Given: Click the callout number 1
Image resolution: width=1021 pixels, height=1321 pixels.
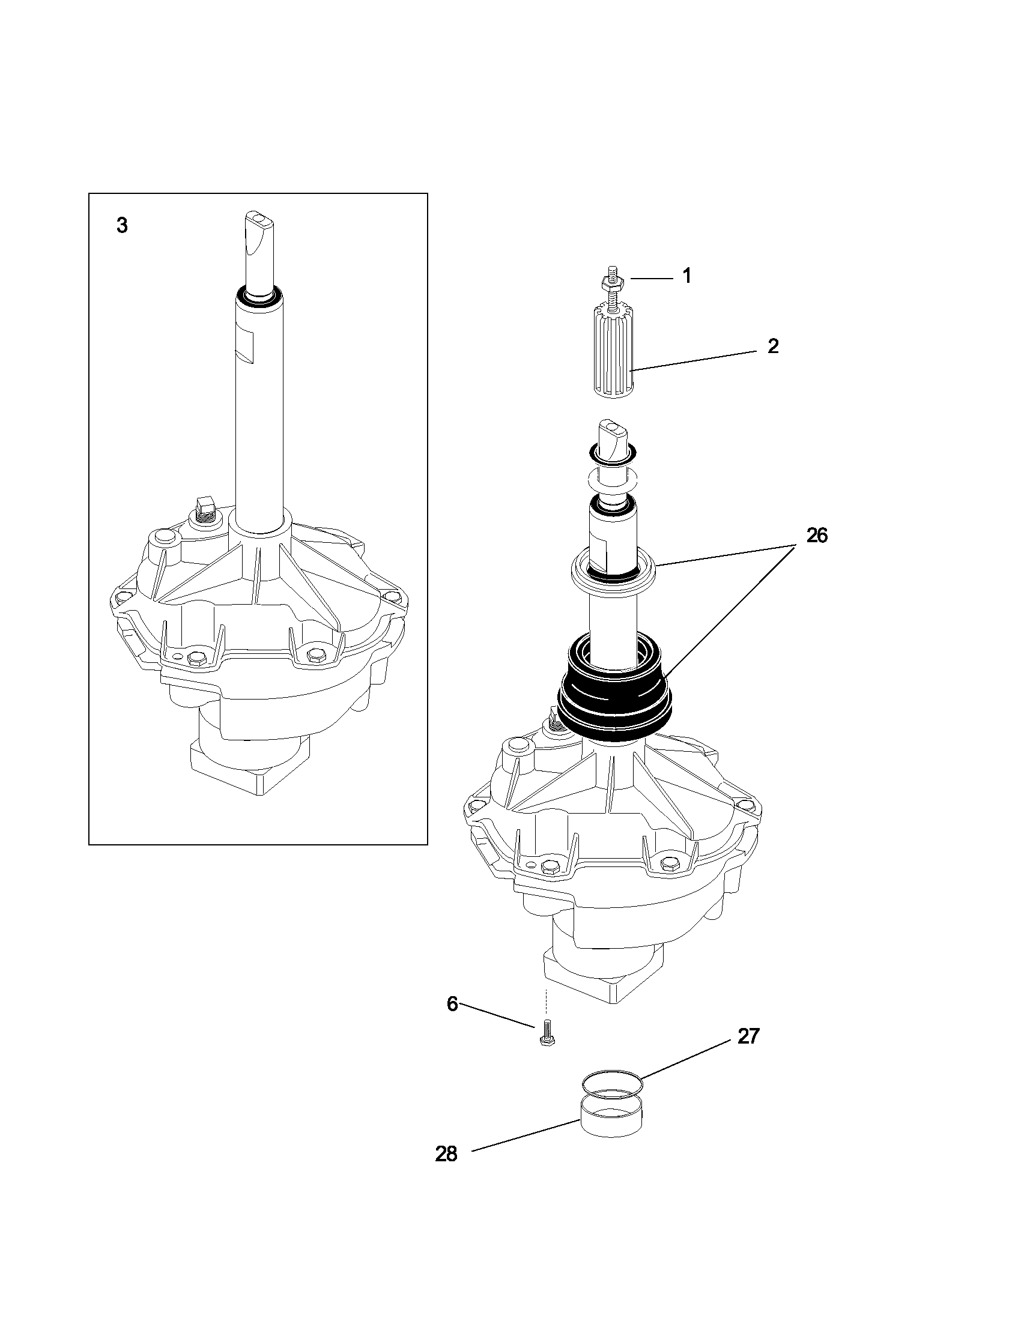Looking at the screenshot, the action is point(686,276).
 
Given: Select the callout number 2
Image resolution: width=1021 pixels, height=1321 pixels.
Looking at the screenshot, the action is point(773,346).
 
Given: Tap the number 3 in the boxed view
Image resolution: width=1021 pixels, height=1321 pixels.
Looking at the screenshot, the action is point(122,226).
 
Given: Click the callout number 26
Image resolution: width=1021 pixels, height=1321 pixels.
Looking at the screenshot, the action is point(817,535).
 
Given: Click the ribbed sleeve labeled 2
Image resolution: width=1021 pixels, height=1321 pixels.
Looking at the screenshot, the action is point(613,351).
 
